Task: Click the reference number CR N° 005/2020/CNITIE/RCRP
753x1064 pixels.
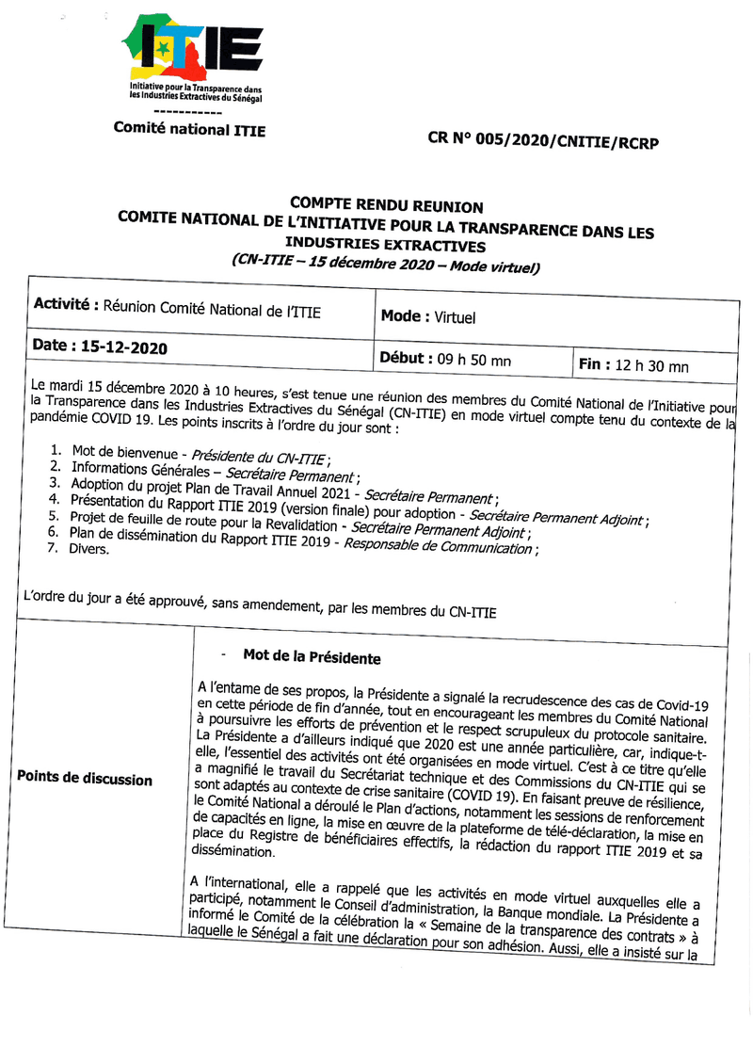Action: tap(542, 142)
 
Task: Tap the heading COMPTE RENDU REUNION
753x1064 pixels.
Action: tap(386, 205)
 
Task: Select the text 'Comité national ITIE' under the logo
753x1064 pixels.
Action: tap(189, 130)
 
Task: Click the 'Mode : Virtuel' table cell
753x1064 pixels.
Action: tap(428, 317)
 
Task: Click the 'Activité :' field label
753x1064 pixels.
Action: tap(66, 304)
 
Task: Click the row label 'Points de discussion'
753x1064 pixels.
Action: tap(84, 779)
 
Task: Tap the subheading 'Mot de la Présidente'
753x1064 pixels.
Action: tap(311, 656)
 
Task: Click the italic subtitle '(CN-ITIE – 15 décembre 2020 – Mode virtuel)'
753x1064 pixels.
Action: tap(386, 263)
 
